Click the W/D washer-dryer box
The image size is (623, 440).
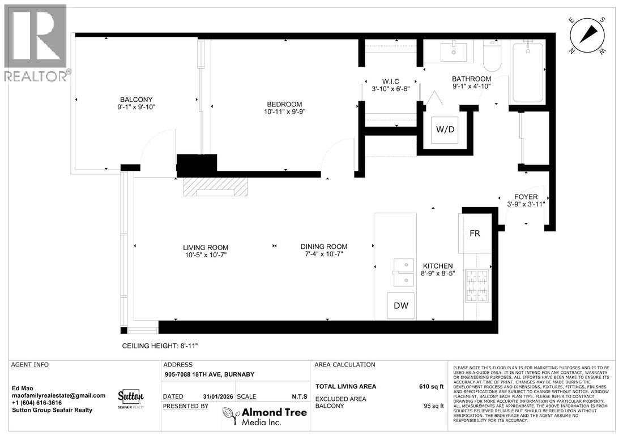click(x=445, y=130)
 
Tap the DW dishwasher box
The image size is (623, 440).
click(x=400, y=306)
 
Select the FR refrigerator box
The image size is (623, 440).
click(x=475, y=233)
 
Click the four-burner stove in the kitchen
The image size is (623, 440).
click(x=477, y=285)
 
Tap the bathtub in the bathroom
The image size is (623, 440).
click(x=528, y=72)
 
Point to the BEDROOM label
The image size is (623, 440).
click(x=284, y=104)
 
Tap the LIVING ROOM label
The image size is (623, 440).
click(x=206, y=247)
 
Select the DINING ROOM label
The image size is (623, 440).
click(x=323, y=247)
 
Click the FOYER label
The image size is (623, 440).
click(x=526, y=196)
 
